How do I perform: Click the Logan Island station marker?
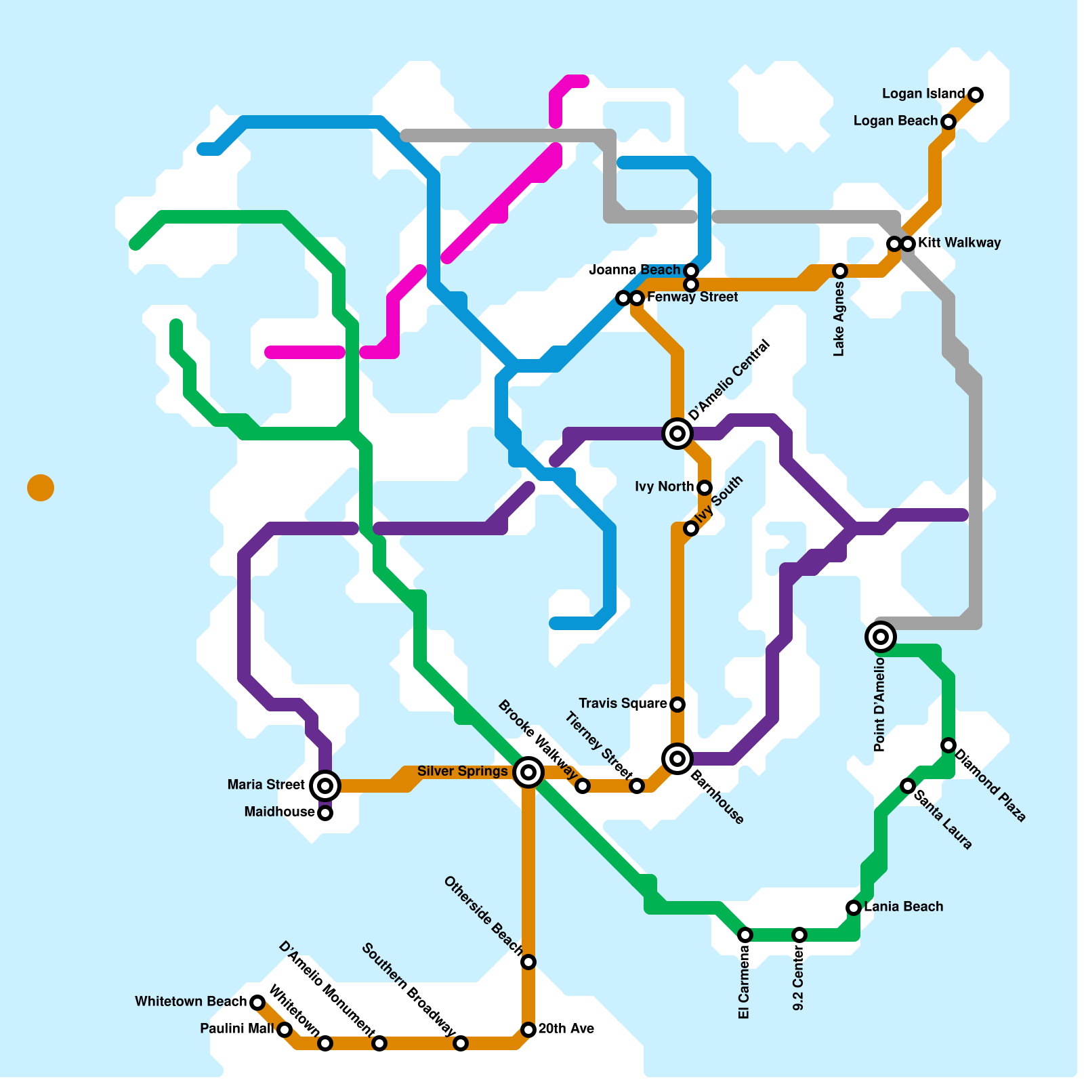pyautogui.click(x=976, y=94)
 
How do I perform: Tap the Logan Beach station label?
pyautogui.click(x=895, y=121)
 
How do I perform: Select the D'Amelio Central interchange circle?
pyautogui.click(x=677, y=433)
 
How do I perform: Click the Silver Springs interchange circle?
pyautogui.click(x=528, y=772)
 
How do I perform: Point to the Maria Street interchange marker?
pyautogui.click(x=325, y=785)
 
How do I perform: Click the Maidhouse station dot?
pyautogui.click(x=325, y=813)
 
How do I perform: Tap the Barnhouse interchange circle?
pyautogui.click(x=677, y=758)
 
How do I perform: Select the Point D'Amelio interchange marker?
pyautogui.click(x=881, y=636)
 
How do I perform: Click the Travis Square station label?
pyautogui.click(x=623, y=704)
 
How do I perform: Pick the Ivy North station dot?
pyautogui.click(x=705, y=488)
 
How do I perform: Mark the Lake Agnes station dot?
pyautogui.click(x=840, y=271)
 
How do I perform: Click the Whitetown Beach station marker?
pyautogui.click(x=257, y=1003)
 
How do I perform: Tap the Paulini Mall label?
pyautogui.click(x=237, y=1029)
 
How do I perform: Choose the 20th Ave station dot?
pyautogui.click(x=528, y=1030)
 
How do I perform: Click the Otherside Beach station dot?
pyautogui.click(x=528, y=962)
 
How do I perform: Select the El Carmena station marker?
pyautogui.click(x=745, y=935)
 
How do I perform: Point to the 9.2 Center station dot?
pyautogui.click(x=799, y=935)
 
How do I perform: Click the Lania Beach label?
pyautogui.click(x=903, y=907)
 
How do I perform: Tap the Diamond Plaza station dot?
pyautogui.click(x=948, y=745)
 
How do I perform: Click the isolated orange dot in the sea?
pyautogui.click(x=41, y=488)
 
